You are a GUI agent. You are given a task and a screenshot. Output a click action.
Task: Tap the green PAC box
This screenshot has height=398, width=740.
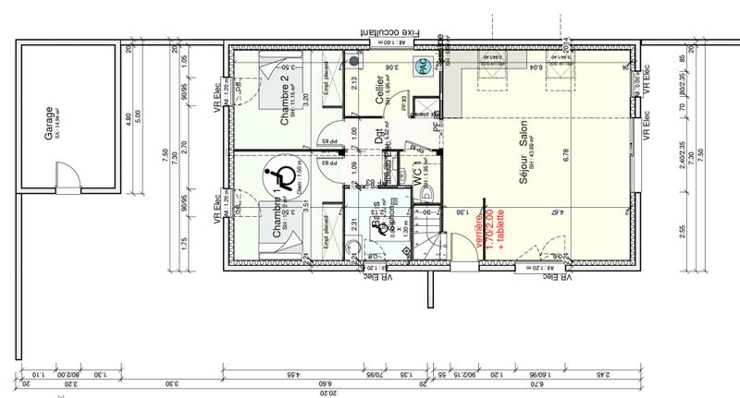pyautogui.click(x=422, y=66)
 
